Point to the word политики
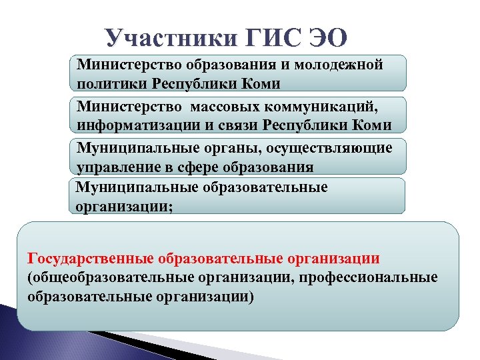111,84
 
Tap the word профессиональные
373,277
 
